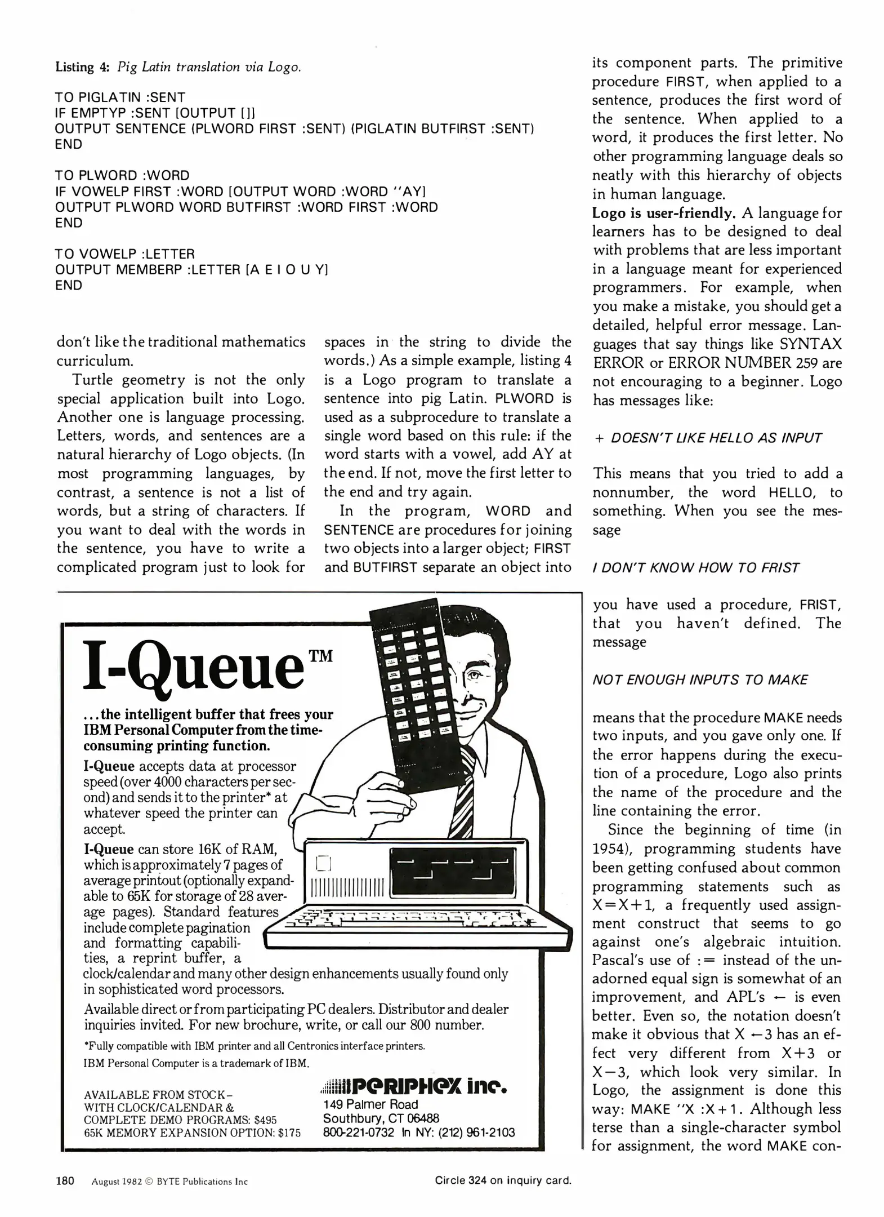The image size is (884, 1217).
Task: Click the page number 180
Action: pyautogui.click(x=65, y=1180)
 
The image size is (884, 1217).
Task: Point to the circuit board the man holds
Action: pyautogui.click(x=412, y=687)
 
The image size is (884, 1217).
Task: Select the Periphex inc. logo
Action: pyautogui.click(x=414, y=1086)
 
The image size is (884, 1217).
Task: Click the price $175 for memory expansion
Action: pyautogui.click(x=289, y=1132)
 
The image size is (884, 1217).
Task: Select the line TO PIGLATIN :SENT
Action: pyautogui.click(x=120, y=97)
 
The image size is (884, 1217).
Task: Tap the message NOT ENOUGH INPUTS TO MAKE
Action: pyautogui.click(x=700, y=680)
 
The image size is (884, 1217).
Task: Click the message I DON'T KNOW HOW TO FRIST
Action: pyautogui.click(x=695, y=568)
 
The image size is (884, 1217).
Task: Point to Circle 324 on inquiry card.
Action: pyautogui.click(x=503, y=1180)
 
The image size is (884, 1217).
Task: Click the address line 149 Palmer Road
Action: pyautogui.click(x=370, y=1104)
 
